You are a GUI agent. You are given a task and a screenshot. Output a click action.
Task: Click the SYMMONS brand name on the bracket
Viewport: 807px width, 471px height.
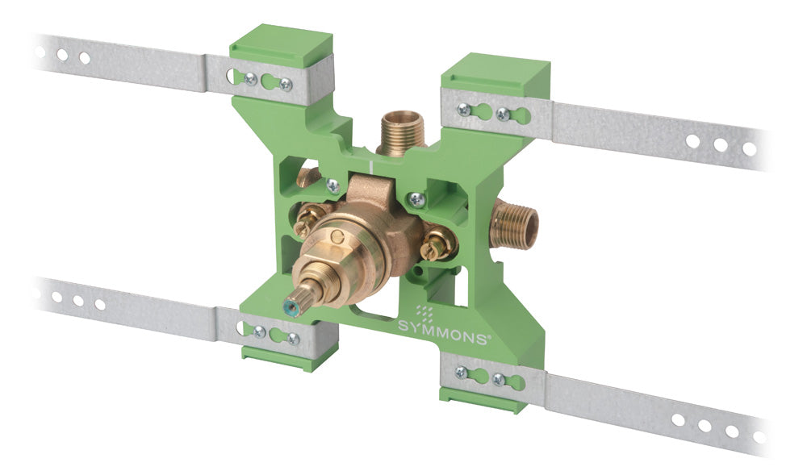442,332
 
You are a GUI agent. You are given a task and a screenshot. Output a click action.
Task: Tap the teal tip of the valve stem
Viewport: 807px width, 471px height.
294,310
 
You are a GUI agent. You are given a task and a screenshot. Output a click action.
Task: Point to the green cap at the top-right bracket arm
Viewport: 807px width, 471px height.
496,71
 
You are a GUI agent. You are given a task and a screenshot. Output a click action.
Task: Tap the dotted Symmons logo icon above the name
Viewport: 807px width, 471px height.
425,311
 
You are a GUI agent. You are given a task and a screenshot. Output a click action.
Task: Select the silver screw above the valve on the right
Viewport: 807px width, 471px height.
416,198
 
